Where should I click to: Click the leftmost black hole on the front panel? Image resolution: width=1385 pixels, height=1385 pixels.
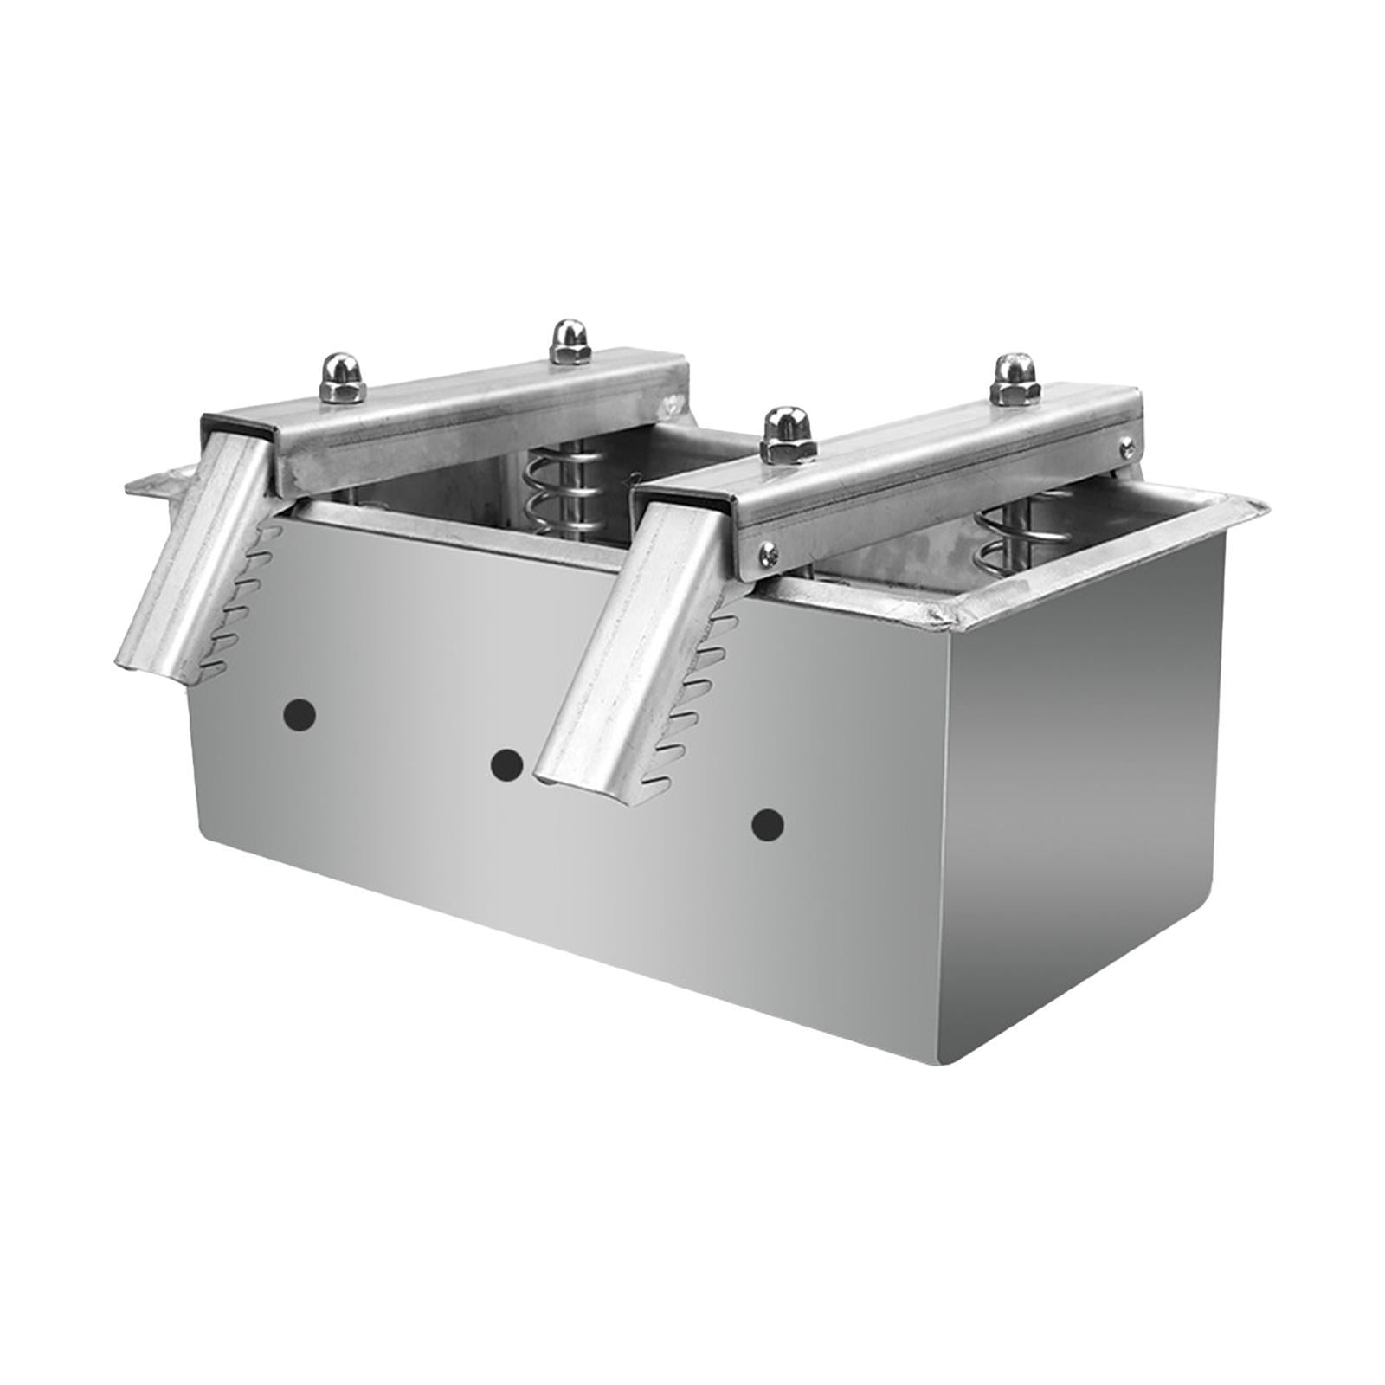coord(300,714)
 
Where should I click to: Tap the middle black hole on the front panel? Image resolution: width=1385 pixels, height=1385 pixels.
coord(506,764)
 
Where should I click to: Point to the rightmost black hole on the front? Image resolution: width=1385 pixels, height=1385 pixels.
coord(767,825)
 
